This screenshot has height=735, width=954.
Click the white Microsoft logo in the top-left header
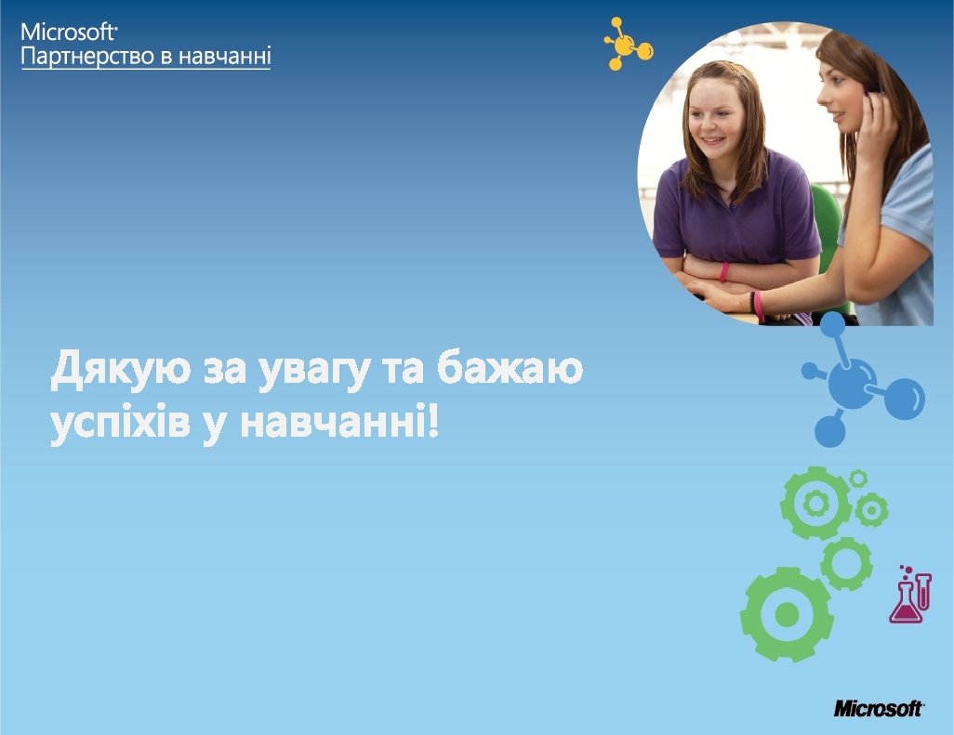[68, 32]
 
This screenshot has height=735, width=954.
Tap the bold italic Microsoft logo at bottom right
[879, 708]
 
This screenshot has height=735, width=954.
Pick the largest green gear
[787, 614]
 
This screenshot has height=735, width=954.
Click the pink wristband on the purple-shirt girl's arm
[724, 271]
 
